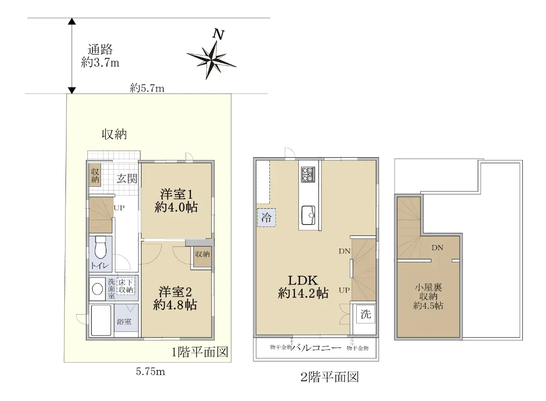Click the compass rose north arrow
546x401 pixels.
point(211,60)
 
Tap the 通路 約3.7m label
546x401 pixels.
point(100,56)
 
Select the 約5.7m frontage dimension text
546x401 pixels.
point(147,88)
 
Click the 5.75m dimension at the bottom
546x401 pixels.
point(151,372)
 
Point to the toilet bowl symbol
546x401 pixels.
point(101,247)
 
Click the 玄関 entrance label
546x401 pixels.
point(127,179)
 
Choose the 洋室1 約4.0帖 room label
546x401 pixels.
point(176,201)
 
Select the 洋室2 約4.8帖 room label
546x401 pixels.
point(175,298)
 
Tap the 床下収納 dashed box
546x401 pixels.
point(126,286)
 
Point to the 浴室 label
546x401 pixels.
point(124,321)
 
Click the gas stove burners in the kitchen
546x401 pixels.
point(308,174)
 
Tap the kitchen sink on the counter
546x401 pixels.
point(308,215)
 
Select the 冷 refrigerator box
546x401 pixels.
point(267,218)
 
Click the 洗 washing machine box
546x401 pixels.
point(366,314)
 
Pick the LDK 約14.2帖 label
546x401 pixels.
point(303,287)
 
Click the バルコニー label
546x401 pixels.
point(316,347)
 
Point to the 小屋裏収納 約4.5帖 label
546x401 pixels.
point(428,296)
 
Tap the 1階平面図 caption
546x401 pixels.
point(200,352)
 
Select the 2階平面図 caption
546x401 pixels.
point(329,377)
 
